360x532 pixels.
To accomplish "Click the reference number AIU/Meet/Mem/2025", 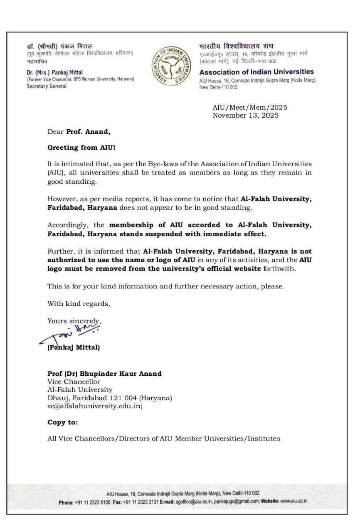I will (250, 108).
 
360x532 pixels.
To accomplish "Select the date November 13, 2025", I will (245, 116).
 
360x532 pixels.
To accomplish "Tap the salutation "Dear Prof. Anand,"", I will (79, 132).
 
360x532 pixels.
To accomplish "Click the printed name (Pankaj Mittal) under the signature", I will (74, 347).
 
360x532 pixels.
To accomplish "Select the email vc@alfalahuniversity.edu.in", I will (95, 406).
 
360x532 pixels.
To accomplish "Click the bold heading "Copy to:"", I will (62, 422).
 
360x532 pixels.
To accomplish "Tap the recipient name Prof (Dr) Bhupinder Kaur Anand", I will (104, 374).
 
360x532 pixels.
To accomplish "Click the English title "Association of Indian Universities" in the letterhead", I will (256, 72).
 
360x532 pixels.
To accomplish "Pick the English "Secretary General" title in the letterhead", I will (47, 86).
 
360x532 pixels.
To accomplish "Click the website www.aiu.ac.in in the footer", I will (294, 501).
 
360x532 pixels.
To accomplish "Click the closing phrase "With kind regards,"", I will (79, 303).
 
